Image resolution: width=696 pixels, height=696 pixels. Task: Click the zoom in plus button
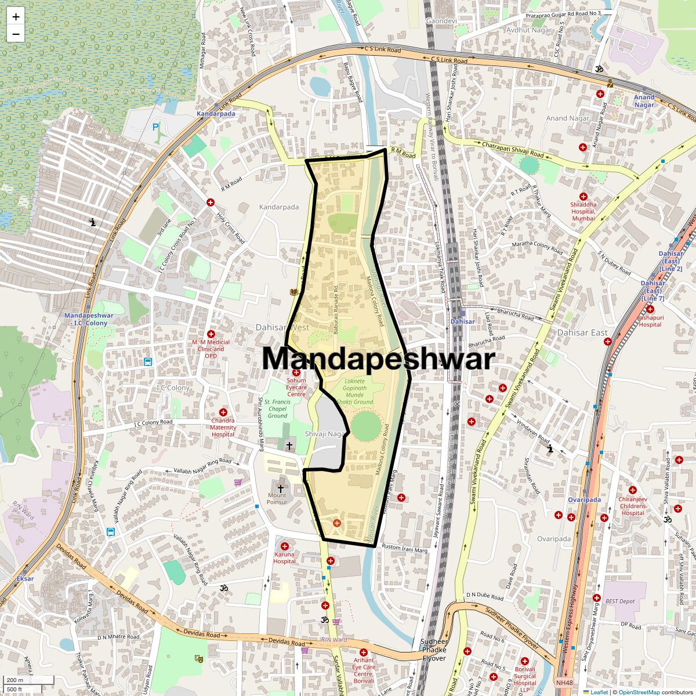(x=16, y=17)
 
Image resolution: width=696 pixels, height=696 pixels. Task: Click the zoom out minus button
(x=16, y=34)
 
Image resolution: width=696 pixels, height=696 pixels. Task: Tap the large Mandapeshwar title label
(x=378, y=358)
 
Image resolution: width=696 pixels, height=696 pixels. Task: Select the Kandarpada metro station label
(x=216, y=114)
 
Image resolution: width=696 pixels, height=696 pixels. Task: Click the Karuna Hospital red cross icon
(x=285, y=546)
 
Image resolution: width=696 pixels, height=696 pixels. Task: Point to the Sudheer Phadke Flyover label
(x=434, y=650)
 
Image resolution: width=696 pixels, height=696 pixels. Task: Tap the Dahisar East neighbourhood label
(x=582, y=333)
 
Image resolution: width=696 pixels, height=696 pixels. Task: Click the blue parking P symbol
(x=155, y=127)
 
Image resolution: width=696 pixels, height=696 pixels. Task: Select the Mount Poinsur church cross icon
(x=281, y=488)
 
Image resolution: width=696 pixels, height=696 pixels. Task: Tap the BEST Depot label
(x=620, y=601)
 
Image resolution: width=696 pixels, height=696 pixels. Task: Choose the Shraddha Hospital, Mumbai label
(x=583, y=211)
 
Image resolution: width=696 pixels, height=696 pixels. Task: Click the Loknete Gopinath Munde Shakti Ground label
(x=354, y=391)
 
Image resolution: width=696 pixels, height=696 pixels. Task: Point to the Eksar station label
(x=25, y=579)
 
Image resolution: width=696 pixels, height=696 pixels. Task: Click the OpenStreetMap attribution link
(x=639, y=692)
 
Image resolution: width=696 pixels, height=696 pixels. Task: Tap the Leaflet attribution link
(x=599, y=692)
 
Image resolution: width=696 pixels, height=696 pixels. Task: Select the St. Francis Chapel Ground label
(x=277, y=408)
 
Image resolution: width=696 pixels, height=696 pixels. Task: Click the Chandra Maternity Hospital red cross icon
(x=223, y=412)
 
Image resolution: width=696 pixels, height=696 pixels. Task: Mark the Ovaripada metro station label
(x=584, y=500)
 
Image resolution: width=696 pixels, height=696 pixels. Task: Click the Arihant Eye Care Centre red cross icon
(x=364, y=652)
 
